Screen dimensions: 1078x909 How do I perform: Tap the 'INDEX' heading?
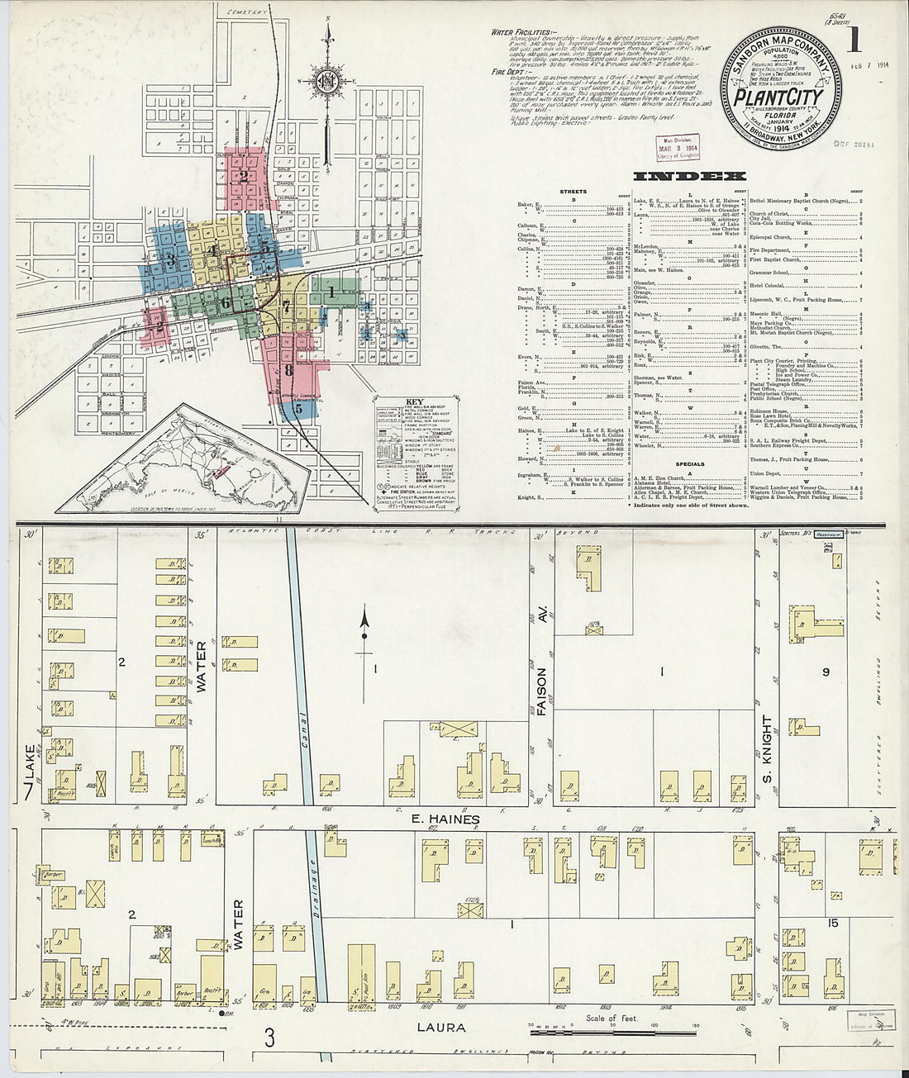coord(689,176)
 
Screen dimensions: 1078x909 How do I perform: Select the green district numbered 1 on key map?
coord(331,292)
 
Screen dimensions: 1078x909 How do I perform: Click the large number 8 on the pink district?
coord(288,370)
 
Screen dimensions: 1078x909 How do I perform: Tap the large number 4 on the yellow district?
coord(213,250)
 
